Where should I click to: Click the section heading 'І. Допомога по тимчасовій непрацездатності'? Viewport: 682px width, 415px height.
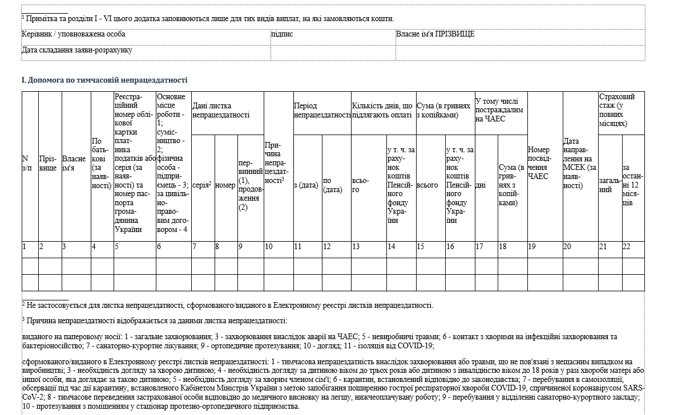[104, 80]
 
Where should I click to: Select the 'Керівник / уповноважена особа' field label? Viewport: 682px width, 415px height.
[74, 34]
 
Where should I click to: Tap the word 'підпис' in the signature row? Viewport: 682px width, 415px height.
[282, 34]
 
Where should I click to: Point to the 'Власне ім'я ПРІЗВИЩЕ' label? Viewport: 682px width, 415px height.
[435, 34]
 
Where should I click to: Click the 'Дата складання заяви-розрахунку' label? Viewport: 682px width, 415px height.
[77, 50]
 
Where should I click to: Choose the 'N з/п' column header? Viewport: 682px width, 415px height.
[27, 163]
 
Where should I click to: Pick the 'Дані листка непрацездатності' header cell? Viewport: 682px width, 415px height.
[221, 110]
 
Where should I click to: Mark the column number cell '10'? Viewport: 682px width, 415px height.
[269, 247]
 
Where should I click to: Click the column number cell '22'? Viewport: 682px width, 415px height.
[627, 247]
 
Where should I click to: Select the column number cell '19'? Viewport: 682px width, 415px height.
[532, 247]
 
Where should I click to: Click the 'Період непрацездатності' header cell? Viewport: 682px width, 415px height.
[322, 110]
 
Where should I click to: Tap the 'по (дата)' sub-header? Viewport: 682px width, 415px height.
[332, 185]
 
